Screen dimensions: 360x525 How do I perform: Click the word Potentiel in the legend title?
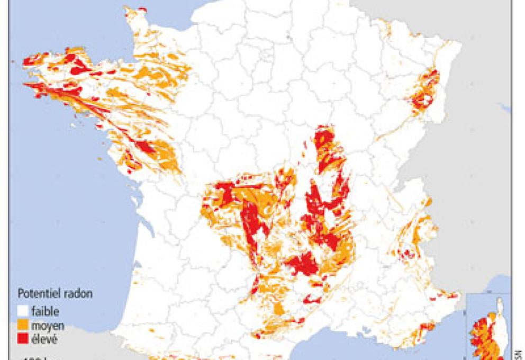click(x=37, y=293)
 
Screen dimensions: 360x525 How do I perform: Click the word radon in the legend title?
click(x=72, y=293)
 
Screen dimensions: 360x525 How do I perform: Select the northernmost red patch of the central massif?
click(x=324, y=139)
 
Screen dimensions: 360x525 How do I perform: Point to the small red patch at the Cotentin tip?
click(x=142, y=10)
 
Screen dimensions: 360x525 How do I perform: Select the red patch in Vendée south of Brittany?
click(x=144, y=146)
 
